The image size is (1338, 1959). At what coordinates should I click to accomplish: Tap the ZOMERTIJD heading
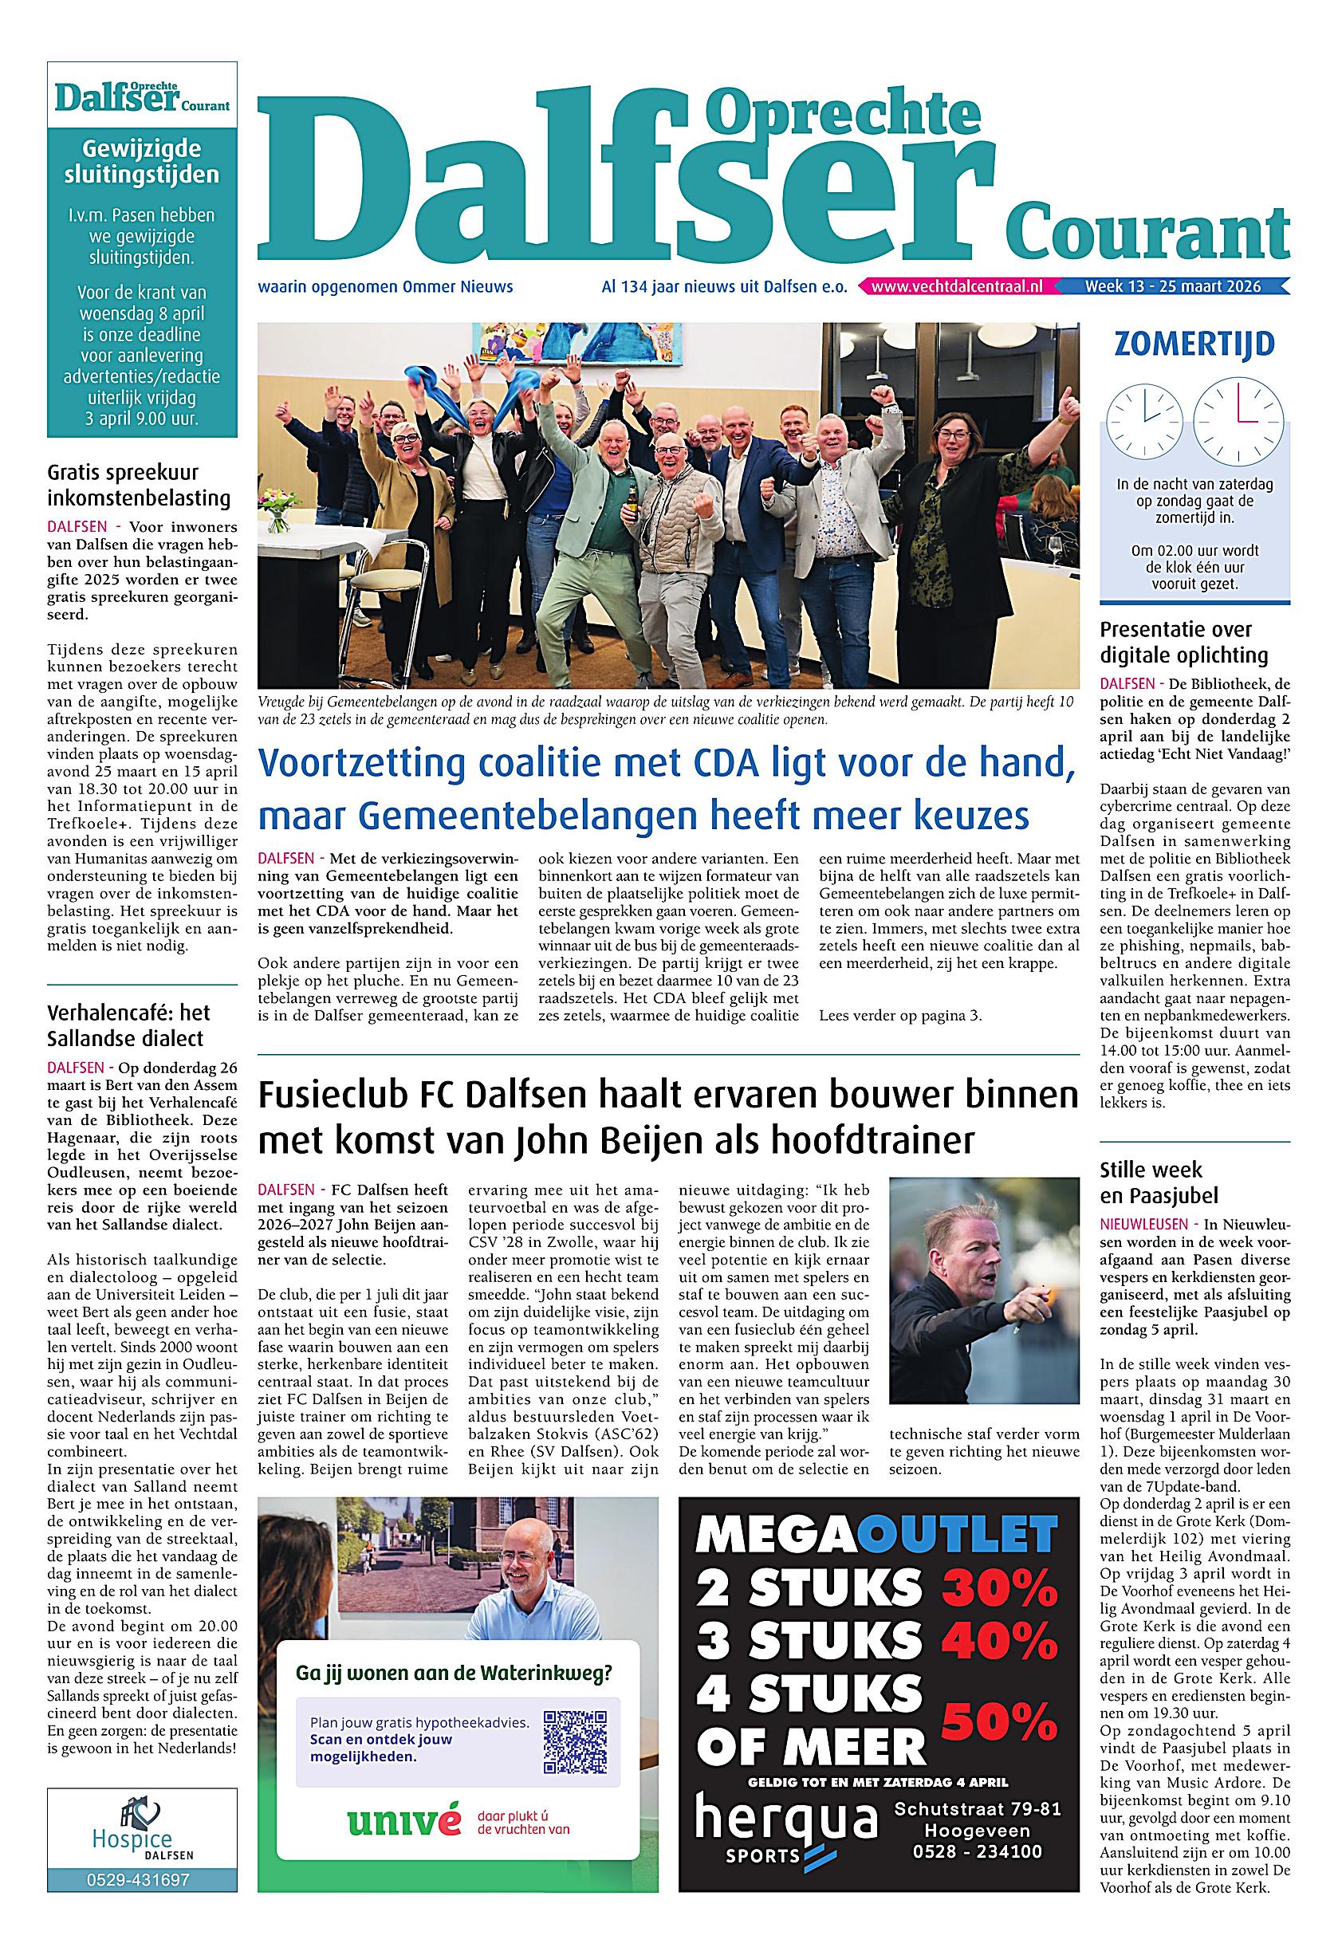point(1194,345)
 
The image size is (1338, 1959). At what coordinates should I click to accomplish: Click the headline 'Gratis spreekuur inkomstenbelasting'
point(139,485)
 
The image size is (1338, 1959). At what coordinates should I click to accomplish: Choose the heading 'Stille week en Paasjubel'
point(1159,1182)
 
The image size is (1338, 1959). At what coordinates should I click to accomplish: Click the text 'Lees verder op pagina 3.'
point(900,1016)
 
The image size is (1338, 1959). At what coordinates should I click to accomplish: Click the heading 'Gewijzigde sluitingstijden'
point(142,162)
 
